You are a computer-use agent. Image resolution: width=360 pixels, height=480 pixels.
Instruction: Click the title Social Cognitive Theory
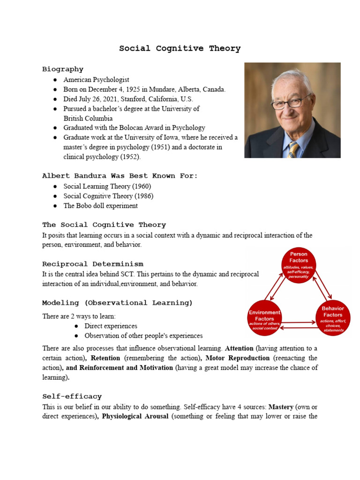180,48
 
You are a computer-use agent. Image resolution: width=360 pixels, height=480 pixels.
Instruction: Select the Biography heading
63,69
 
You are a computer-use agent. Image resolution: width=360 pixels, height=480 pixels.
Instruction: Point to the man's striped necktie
293,150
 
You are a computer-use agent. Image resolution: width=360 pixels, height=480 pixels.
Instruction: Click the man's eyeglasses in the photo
292,102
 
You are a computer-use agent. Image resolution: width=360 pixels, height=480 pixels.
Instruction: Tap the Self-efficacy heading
72,397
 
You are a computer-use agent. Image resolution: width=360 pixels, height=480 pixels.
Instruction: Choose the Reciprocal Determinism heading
93,264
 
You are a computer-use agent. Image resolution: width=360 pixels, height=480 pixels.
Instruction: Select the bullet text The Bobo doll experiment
101,206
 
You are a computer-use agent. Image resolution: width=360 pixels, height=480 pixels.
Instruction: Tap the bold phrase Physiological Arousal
135,416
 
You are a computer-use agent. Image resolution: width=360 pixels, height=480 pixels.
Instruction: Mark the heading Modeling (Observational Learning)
117,303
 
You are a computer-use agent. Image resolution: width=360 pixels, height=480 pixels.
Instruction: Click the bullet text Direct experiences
111,326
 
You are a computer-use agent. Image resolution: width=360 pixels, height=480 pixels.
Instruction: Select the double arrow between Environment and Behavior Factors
299,324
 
